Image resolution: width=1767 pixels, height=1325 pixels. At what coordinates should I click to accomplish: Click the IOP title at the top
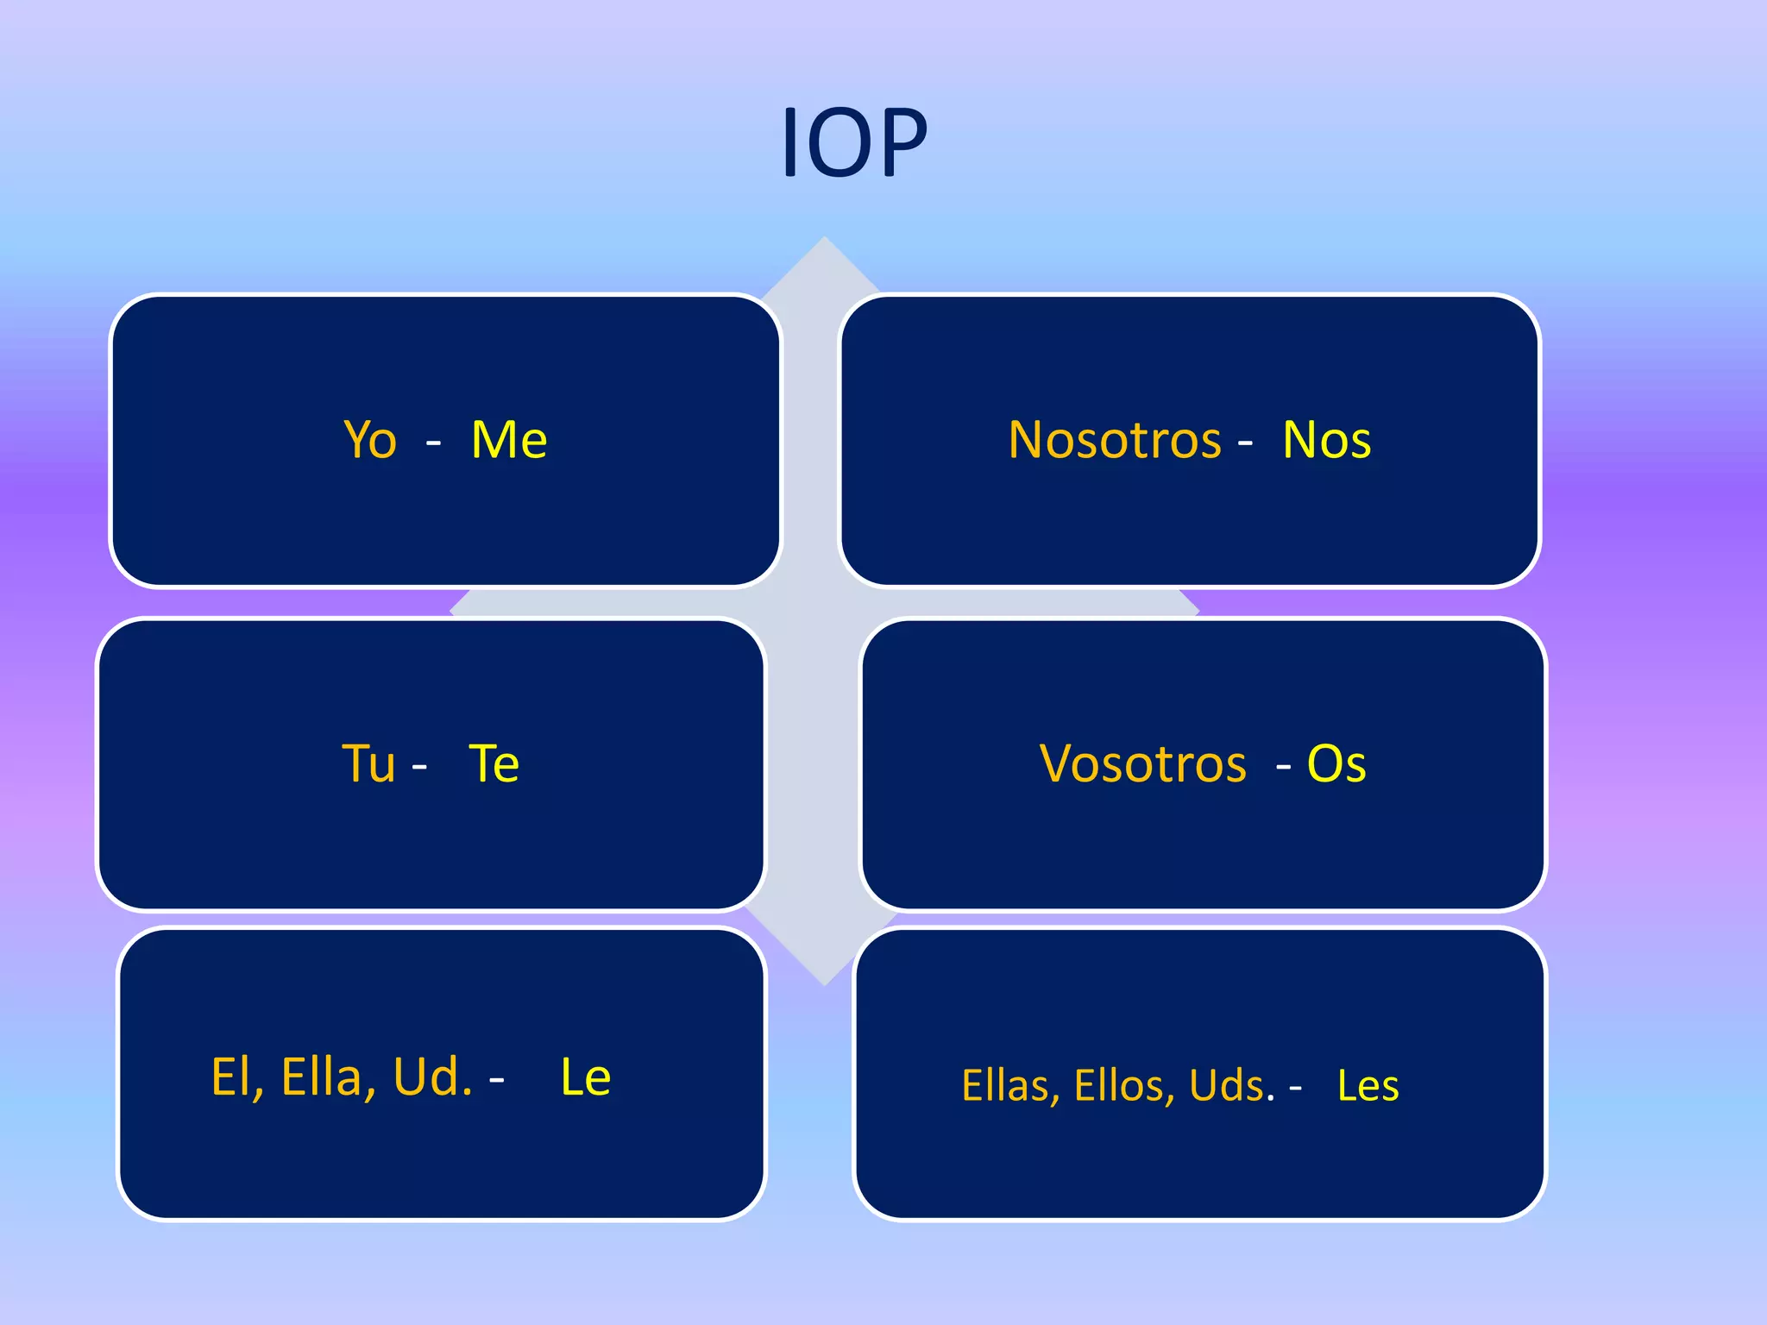click(854, 142)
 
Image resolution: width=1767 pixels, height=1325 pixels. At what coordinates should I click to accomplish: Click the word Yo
click(370, 441)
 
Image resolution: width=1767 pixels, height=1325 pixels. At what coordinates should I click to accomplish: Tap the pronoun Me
click(509, 441)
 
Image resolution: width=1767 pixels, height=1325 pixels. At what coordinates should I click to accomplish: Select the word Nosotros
click(1115, 441)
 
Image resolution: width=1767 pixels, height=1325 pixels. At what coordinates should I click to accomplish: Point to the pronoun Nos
click(1326, 441)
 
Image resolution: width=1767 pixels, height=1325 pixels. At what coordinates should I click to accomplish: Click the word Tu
click(368, 764)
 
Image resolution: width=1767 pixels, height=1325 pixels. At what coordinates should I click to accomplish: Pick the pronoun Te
click(494, 764)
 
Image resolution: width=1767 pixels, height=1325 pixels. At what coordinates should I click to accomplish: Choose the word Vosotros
click(1143, 764)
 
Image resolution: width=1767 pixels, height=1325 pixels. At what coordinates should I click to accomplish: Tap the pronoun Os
click(1336, 764)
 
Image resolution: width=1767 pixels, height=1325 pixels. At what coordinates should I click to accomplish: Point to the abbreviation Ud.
click(432, 1077)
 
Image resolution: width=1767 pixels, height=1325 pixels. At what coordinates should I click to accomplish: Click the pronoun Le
click(586, 1077)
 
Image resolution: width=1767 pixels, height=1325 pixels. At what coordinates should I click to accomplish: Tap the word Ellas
click(1009, 1086)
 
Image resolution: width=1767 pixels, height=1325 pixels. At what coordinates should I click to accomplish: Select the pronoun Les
click(1368, 1086)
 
